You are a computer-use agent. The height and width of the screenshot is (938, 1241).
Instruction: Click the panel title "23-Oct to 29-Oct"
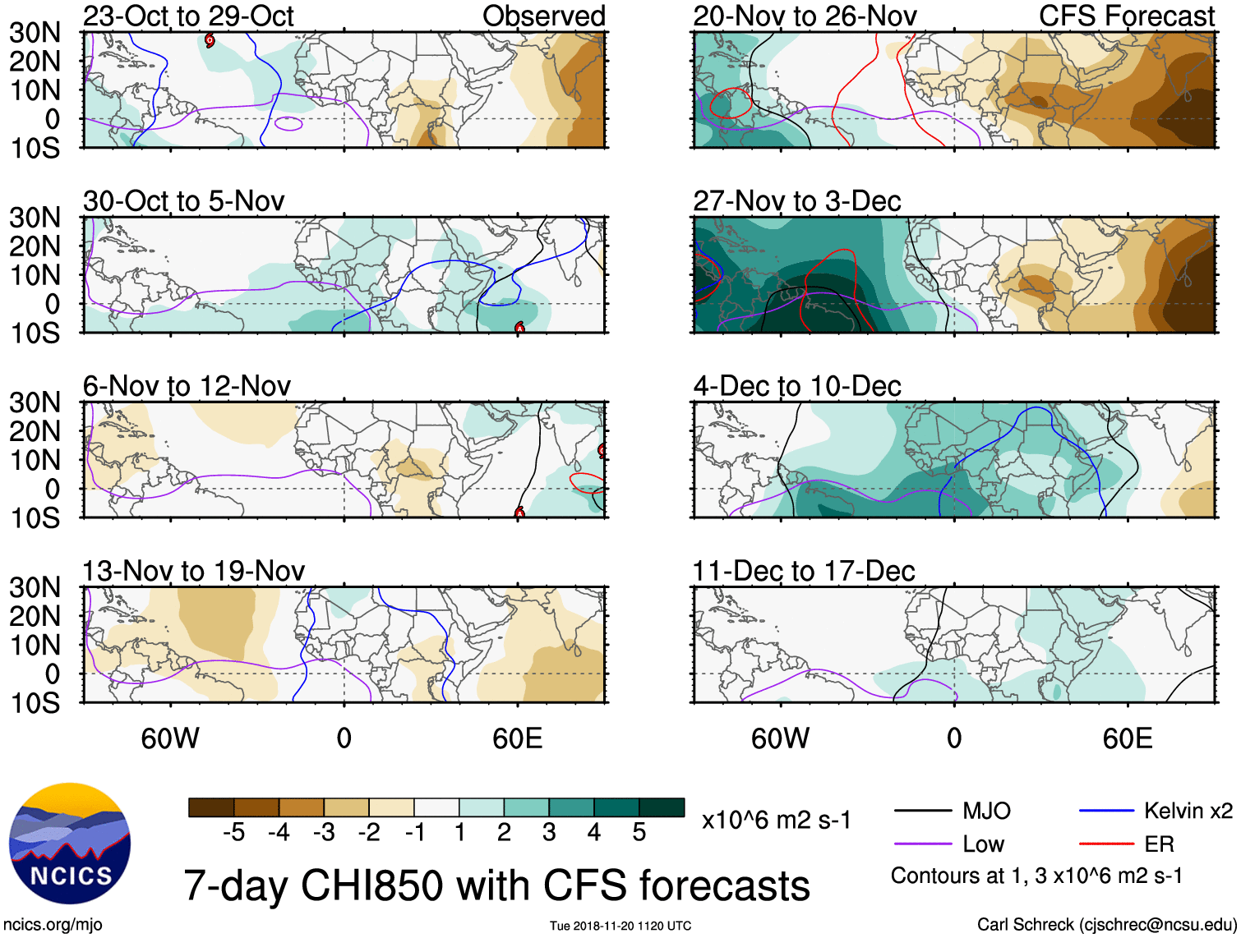[x=188, y=16]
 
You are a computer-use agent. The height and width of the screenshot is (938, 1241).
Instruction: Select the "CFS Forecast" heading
[x=1127, y=16]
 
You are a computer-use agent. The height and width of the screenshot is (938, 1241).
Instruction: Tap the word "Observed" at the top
[x=543, y=16]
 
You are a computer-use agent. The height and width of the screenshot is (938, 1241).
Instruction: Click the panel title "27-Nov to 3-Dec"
[x=796, y=200]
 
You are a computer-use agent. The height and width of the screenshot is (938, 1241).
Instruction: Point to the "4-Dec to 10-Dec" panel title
[x=796, y=385]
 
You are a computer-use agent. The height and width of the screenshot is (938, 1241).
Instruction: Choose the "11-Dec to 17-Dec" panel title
[x=803, y=570]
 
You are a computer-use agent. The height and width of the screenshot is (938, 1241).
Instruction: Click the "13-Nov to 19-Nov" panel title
[x=193, y=570]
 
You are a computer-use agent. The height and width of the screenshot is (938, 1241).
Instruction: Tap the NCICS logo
[x=70, y=844]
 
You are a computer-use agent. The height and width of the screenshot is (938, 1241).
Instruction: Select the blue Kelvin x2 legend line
[x=1106, y=812]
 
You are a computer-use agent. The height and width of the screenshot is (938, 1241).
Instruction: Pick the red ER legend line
[x=1106, y=844]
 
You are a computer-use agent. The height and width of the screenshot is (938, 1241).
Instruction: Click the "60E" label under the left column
[x=517, y=738]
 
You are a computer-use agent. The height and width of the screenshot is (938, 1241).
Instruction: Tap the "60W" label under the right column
[x=780, y=738]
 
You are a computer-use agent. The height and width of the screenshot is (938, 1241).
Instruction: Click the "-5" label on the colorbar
[x=233, y=833]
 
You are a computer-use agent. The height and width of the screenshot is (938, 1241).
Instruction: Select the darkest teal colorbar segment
[x=662, y=807]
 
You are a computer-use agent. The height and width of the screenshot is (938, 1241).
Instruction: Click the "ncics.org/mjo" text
[x=53, y=925]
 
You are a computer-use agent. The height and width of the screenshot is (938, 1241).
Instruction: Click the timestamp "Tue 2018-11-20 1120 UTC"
[x=620, y=927]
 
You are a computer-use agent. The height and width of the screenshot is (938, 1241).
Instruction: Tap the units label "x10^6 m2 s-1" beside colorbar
[x=776, y=821]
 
